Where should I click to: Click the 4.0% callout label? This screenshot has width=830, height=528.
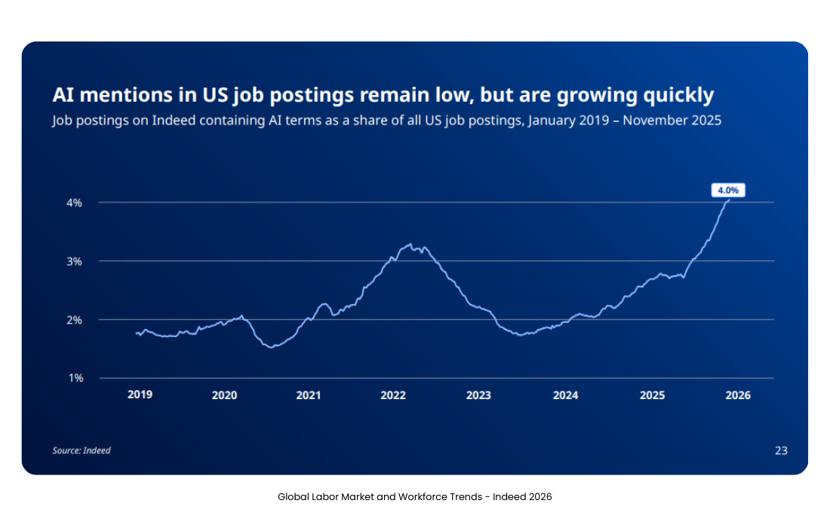tap(728, 191)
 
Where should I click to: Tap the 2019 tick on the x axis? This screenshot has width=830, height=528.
tap(140, 394)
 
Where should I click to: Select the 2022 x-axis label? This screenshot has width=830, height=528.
tap(393, 394)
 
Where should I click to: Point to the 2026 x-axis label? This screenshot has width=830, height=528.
tap(738, 394)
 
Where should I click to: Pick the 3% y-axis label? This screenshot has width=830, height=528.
tap(74, 261)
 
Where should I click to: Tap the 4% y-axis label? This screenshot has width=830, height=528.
tap(74, 203)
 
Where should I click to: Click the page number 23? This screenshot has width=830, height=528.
tap(781, 450)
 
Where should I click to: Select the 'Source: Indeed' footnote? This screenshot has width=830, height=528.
tap(81, 450)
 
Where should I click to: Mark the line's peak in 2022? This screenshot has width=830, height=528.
tap(410, 244)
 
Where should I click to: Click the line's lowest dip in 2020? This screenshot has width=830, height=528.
tap(271, 347)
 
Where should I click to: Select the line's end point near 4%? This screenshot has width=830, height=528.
tap(728, 200)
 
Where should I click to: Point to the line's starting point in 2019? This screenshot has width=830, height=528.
tap(136, 333)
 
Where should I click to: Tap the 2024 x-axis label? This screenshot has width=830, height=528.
tap(565, 394)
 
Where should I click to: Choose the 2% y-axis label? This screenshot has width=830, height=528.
tap(74, 320)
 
